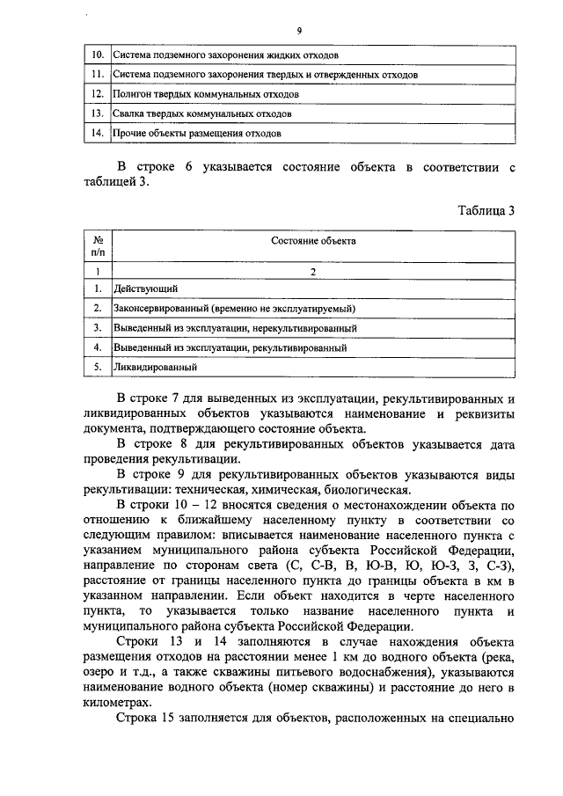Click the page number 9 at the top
point(299,31)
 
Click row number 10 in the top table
point(99,55)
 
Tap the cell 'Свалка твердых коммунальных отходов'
point(202,113)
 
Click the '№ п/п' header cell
point(99,246)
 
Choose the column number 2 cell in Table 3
point(312,272)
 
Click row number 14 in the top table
point(99,134)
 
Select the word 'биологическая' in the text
point(367,492)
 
